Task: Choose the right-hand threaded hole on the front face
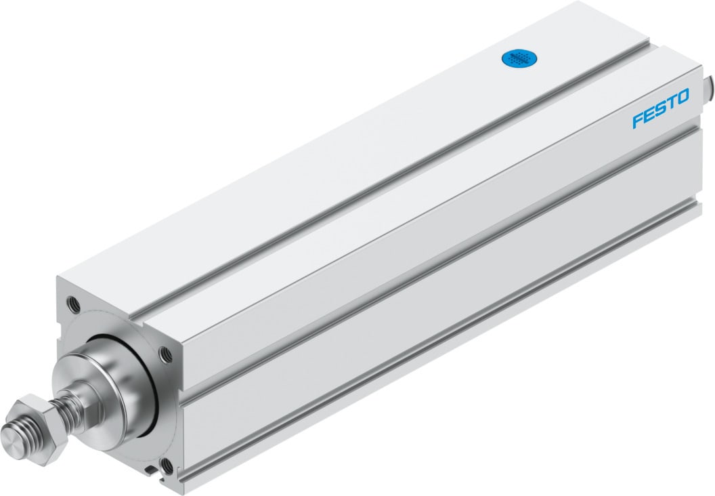(x=165, y=353)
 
